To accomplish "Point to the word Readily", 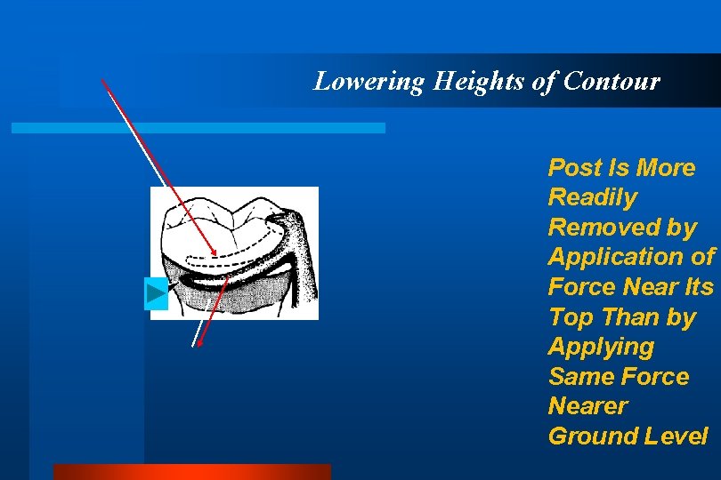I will [592, 197].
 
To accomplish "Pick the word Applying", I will [601, 347].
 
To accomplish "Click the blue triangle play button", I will [156, 293].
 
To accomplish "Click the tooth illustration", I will [234, 252].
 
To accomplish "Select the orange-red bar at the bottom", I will [191, 471].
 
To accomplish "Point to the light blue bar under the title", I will [198, 128].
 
